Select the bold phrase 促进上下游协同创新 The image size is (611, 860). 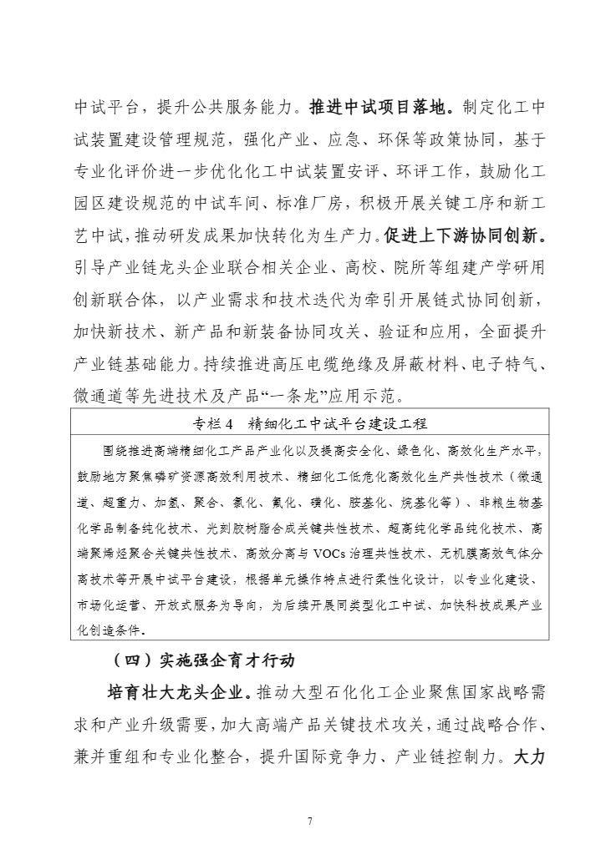[x=465, y=236]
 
